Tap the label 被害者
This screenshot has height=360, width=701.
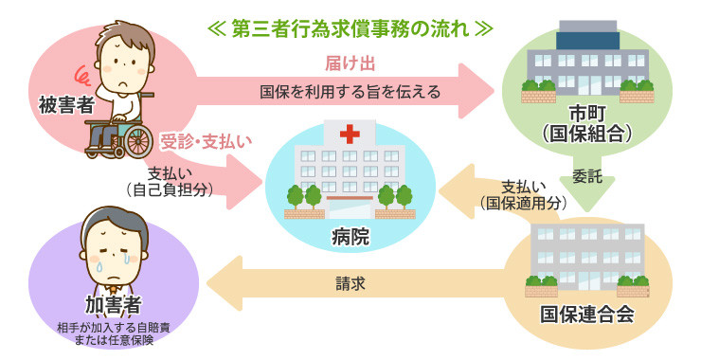click(x=66, y=103)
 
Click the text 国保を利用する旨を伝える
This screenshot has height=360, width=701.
click(x=350, y=92)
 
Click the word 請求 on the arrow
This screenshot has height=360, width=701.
click(x=350, y=282)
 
